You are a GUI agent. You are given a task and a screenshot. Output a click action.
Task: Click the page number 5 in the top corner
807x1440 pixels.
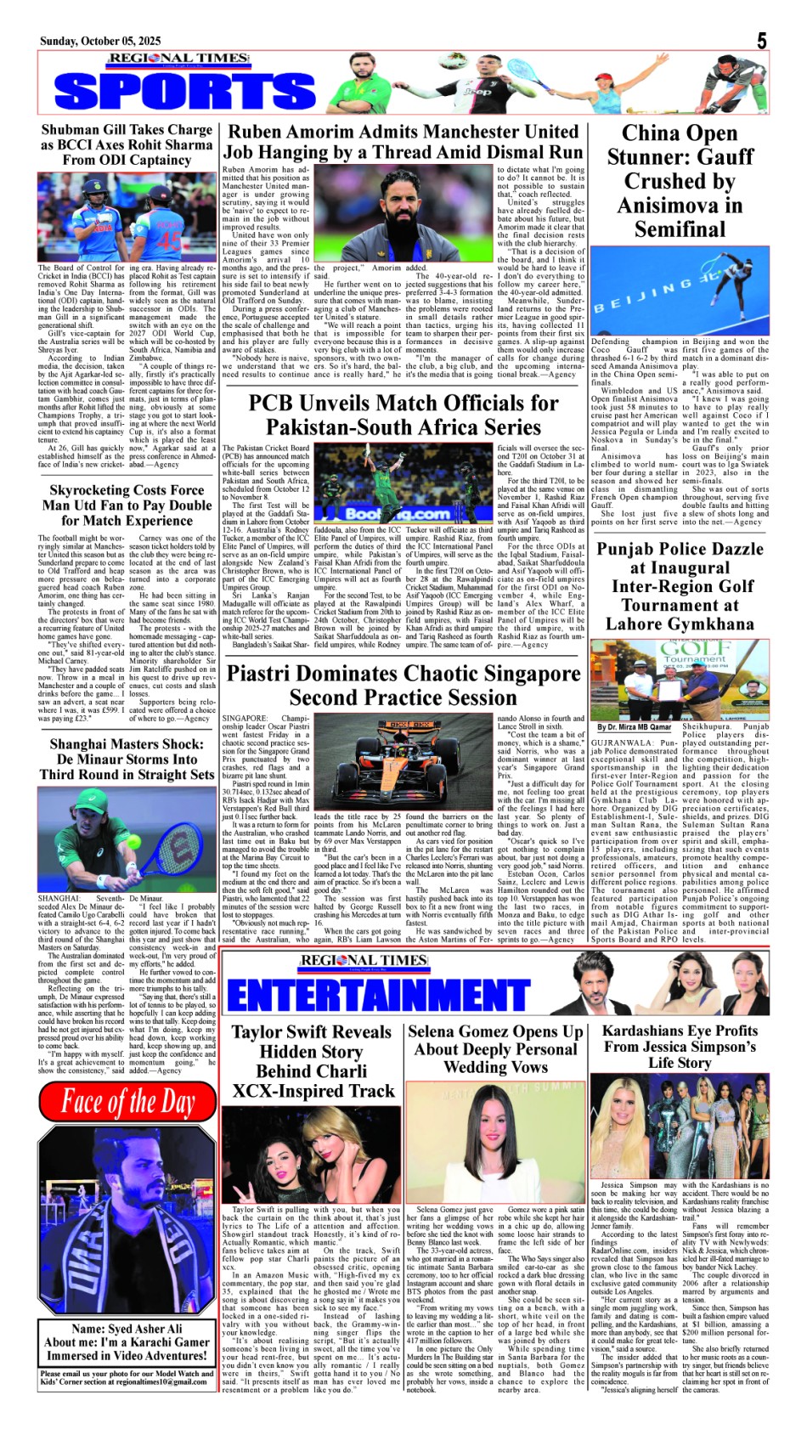click(x=761, y=40)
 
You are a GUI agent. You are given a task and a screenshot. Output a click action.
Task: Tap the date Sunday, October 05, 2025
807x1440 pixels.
click(x=100, y=42)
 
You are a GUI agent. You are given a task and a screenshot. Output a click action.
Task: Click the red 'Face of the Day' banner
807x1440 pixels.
click(x=127, y=1103)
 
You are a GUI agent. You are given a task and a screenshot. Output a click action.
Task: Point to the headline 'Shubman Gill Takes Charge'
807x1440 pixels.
click(x=127, y=129)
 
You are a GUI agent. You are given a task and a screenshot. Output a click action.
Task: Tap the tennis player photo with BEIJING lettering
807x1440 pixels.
click(x=680, y=289)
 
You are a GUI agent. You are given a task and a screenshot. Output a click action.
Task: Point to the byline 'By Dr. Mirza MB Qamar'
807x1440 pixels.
click(x=634, y=727)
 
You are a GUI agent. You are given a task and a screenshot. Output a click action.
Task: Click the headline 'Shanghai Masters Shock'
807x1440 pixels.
click(x=127, y=743)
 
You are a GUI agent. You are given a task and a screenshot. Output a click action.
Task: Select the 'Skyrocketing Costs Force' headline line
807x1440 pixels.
click(x=127, y=490)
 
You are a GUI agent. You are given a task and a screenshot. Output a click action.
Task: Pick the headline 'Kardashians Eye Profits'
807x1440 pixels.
click(x=680, y=1031)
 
